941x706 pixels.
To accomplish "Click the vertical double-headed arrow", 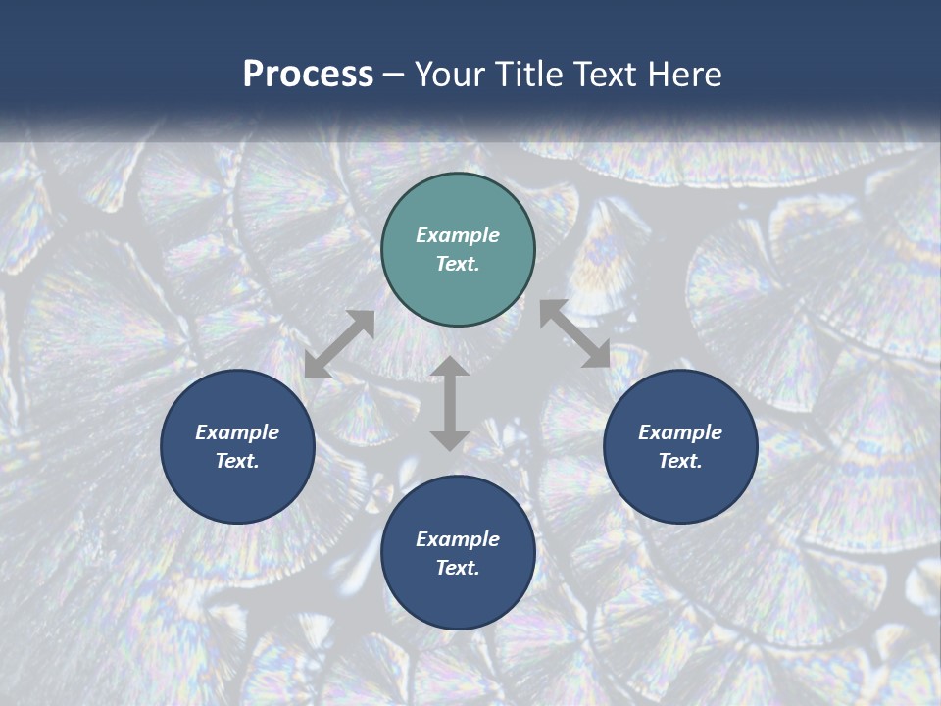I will [x=450, y=403].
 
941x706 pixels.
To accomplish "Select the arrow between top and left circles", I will [x=339, y=344].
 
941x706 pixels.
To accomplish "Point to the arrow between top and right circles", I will [x=574, y=334].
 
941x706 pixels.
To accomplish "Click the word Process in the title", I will [x=308, y=75].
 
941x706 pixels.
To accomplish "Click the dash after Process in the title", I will [x=394, y=75].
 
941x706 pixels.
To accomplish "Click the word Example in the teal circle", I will [x=458, y=235].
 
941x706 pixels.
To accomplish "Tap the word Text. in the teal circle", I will [x=458, y=264].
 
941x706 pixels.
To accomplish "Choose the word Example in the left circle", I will [x=237, y=432].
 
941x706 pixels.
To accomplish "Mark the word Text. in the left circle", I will [x=237, y=461].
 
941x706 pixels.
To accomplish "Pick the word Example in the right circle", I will [x=680, y=432].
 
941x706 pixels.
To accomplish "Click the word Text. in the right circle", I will [x=680, y=461].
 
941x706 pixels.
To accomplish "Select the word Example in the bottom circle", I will [x=458, y=539].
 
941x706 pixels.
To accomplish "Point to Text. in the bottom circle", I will [x=458, y=568].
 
